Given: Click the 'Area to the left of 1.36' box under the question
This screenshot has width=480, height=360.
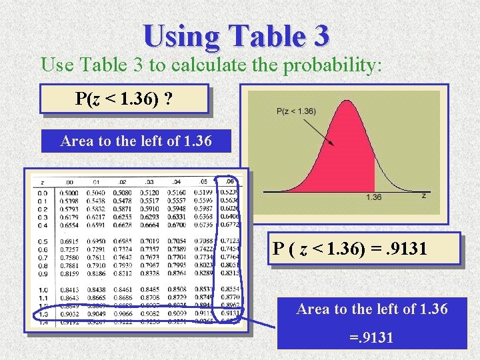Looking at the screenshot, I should (x=136, y=141).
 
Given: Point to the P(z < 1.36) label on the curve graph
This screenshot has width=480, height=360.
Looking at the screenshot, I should (x=296, y=111).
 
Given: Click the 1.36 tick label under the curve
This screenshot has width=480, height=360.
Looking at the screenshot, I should (x=374, y=197).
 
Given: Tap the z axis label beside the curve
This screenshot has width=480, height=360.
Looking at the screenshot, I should (x=424, y=195).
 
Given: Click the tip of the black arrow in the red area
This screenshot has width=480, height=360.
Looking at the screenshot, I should (x=335, y=146).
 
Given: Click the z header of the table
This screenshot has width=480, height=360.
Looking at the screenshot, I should (x=42, y=181).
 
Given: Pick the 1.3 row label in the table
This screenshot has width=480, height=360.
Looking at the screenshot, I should (x=43, y=313).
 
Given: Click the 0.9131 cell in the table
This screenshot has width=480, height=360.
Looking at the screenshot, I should (x=230, y=313).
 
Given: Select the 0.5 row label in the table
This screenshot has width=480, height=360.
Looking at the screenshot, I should (x=43, y=241).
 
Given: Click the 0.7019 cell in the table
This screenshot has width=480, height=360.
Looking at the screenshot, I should (x=149, y=241).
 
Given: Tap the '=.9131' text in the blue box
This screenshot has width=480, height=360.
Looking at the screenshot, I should (x=371, y=338).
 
